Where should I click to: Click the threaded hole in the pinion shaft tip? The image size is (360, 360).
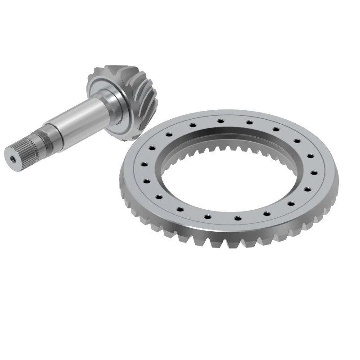(12, 157)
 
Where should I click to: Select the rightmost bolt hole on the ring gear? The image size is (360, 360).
(312, 172)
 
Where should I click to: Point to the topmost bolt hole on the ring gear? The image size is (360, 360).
(220, 121)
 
